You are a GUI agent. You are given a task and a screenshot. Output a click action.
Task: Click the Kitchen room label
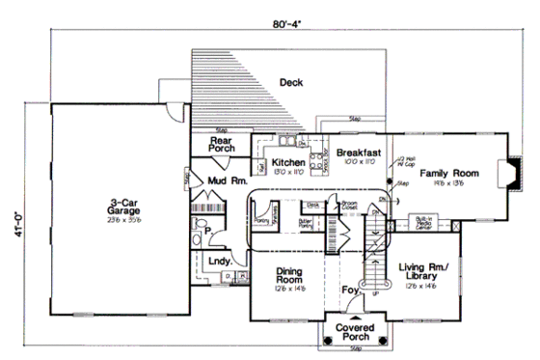pyautogui.click(x=288, y=163)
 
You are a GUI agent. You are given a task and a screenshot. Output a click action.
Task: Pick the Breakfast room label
pyautogui.click(x=359, y=152)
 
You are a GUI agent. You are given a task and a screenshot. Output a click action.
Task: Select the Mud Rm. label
pyautogui.click(x=228, y=180)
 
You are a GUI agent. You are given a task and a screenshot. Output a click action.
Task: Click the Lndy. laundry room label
pyautogui.click(x=218, y=261)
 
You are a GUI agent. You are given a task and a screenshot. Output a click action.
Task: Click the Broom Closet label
pyautogui.click(x=349, y=206)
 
